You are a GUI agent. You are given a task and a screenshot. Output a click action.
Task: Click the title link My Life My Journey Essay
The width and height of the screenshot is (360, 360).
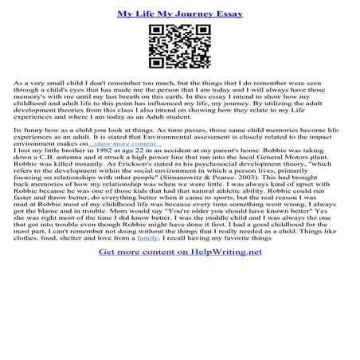coord(180,14)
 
